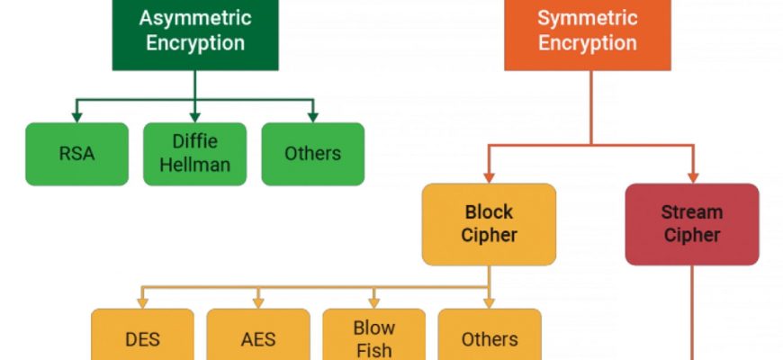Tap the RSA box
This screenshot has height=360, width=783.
tap(77, 154)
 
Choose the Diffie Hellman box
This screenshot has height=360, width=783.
tap(195, 154)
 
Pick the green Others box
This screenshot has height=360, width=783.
tap(312, 154)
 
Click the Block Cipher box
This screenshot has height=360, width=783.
tap(489, 224)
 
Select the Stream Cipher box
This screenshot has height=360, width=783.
tap(691, 224)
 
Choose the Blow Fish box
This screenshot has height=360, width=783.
tap(373, 337)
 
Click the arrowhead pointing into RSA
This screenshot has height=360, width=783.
tap(77, 116)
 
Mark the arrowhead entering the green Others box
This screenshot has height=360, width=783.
tap(312, 116)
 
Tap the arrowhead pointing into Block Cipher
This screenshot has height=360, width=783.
tap(489, 176)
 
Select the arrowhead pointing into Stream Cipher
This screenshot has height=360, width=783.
tap(691, 176)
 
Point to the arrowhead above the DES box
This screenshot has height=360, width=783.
tap(142, 302)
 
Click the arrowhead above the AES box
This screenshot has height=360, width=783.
tap(258, 302)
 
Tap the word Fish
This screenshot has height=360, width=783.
tap(373, 349)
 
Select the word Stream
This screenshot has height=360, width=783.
tap(691, 213)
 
